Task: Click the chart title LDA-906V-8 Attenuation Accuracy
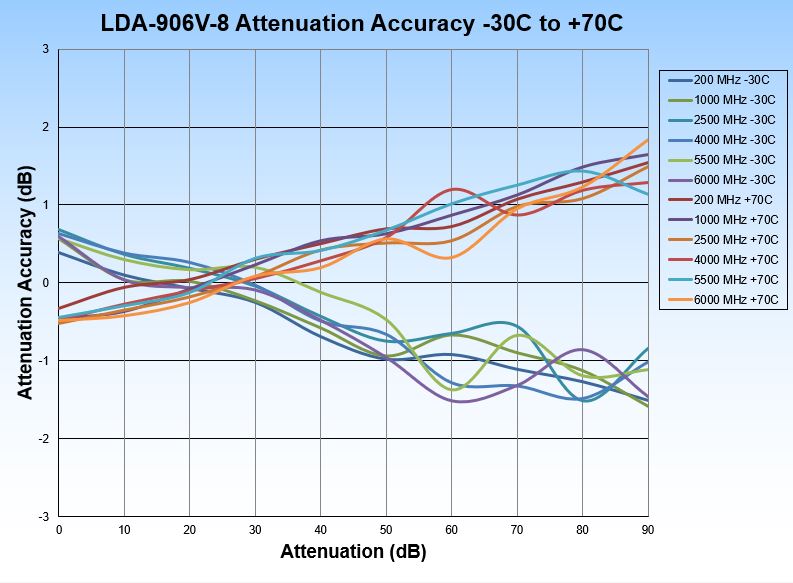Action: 362,23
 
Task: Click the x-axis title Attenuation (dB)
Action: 353,551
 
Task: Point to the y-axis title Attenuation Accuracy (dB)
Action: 26,283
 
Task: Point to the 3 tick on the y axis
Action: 46,49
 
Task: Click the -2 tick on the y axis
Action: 43,439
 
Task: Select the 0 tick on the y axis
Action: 46,283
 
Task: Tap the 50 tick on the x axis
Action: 386,529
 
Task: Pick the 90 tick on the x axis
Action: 647,529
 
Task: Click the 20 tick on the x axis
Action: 190,529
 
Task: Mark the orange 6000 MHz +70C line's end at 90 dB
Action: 648,140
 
